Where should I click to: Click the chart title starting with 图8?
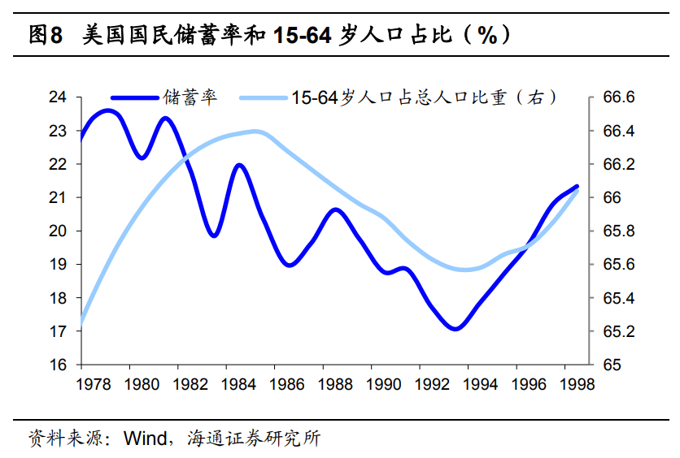[268, 35]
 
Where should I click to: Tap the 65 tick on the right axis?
[611, 365]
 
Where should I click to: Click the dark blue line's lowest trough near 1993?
[456, 329]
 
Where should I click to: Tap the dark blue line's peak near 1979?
[108, 110]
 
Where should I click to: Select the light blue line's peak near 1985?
[255, 132]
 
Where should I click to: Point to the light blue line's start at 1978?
[81, 323]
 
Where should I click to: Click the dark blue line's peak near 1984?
[239, 166]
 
